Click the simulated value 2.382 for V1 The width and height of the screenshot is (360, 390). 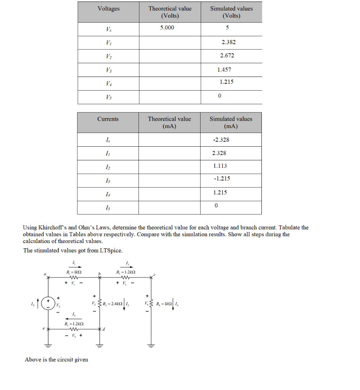(228, 42)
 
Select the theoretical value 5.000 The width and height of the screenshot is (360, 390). (167, 27)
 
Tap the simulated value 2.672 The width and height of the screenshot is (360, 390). (227, 56)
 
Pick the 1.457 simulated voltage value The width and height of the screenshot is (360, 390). (224, 70)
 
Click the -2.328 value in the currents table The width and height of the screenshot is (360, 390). (221, 140)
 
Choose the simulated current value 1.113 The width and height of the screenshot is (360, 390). (220, 166)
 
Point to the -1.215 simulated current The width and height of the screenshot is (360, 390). (222, 179)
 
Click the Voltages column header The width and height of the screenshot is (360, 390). (108, 8)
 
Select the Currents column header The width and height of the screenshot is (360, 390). (108, 119)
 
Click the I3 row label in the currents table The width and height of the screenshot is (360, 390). (108, 181)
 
